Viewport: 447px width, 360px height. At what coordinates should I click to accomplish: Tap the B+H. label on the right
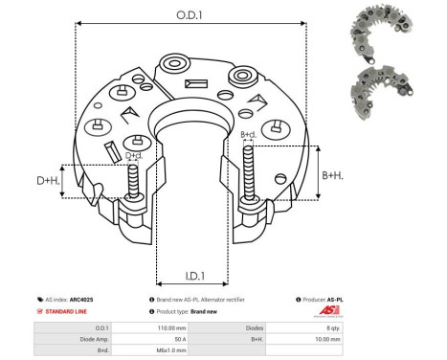coord(332,175)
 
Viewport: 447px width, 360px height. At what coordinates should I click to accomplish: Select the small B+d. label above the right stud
coord(247,134)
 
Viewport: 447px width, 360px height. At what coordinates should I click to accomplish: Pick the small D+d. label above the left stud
coord(134,156)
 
